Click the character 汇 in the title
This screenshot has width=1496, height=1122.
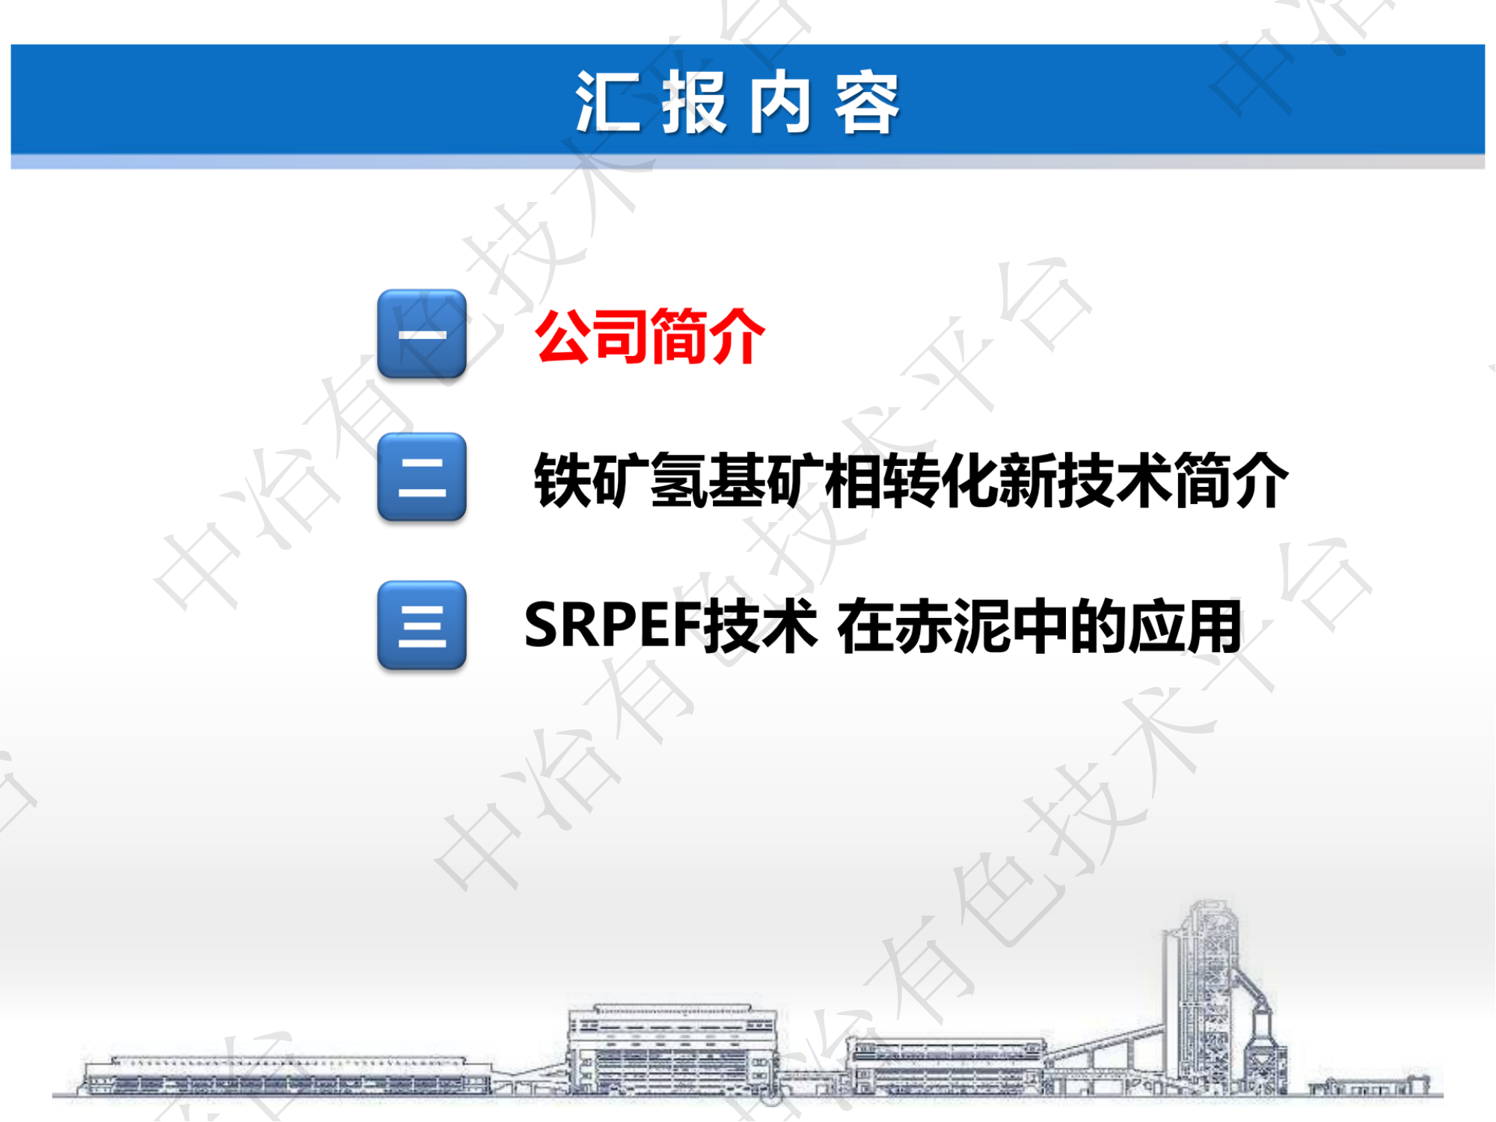coord(607,103)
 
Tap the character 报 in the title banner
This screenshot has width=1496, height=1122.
coord(694,103)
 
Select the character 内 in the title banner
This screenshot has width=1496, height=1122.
coord(780,103)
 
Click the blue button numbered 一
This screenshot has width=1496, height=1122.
coord(422,334)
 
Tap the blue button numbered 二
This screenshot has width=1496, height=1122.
coord(422,477)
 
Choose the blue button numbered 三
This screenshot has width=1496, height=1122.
coord(422,625)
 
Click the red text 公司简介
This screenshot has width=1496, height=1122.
coord(650,337)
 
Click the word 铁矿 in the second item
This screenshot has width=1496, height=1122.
coord(592,481)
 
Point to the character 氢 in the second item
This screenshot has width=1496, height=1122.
coord(679,481)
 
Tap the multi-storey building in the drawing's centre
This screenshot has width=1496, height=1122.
coord(672,1051)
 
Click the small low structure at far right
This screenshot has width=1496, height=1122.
coord(1369,1085)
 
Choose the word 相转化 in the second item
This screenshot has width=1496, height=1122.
coord(911,481)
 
